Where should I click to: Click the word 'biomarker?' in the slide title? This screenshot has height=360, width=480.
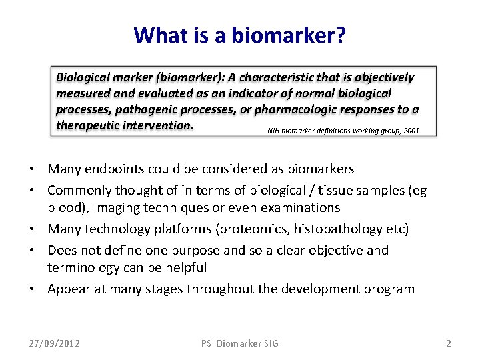[288, 35]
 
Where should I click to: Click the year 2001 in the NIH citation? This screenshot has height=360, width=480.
[411, 131]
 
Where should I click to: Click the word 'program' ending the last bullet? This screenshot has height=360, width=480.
[390, 289]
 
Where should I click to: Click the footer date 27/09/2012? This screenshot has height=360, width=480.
[54, 343]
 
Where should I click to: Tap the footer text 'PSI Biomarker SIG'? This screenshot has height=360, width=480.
[240, 343]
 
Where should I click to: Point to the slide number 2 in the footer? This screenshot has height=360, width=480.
[448, 343]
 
